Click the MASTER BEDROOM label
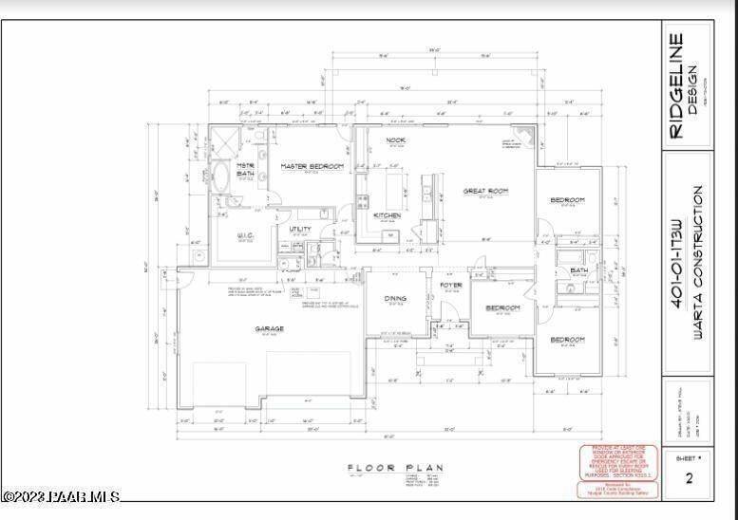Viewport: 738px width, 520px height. (312, 166)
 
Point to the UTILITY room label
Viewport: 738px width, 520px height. (301, 229)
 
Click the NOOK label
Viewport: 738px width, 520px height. (396, 140)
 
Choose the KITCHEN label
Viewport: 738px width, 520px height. (387, 215)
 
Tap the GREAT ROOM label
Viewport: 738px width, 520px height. (485, 191)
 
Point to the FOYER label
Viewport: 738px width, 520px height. (450, 285)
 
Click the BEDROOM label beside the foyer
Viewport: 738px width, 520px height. (502, 308)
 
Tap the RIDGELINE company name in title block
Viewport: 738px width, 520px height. (677, 86)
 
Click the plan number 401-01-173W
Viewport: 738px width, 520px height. (676, 264)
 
